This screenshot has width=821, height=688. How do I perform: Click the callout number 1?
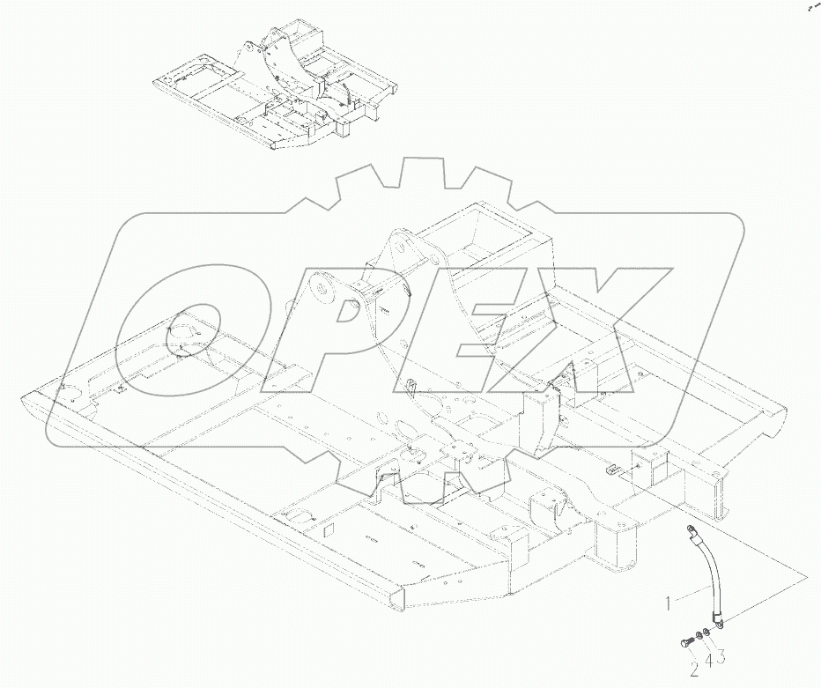670,603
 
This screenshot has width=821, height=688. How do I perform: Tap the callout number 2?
694,671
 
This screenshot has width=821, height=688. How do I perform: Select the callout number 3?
720,656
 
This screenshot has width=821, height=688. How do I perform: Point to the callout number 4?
707,658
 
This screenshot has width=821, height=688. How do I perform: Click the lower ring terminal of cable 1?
720,623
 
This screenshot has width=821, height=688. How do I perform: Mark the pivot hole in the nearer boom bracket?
324,288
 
